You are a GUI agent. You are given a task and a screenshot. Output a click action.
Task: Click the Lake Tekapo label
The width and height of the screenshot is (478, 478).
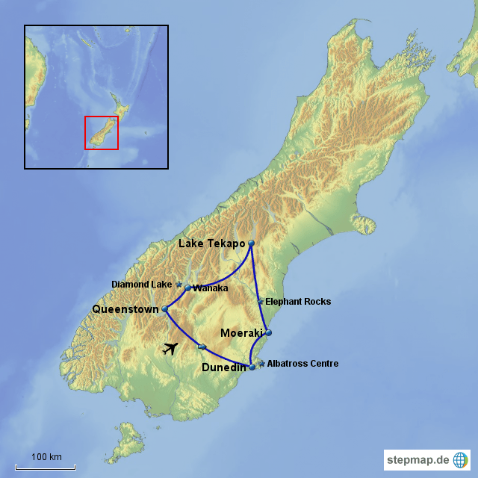(x=211, y=244)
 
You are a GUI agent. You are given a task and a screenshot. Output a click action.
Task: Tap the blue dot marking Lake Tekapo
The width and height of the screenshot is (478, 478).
(x=251, y=243)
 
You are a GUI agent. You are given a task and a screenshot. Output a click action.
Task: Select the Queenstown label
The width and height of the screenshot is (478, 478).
(x=125, y=308)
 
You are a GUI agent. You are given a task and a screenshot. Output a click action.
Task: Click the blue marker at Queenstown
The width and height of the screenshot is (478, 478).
(x=165, y=308)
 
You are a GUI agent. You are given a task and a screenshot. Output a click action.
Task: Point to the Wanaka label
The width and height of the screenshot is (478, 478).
(x=210, y=288)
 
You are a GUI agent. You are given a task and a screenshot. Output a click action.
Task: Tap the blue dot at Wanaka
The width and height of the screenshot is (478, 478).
(x=187, y=288)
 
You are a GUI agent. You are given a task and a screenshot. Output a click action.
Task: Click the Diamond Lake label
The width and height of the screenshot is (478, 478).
(x=141, y=285)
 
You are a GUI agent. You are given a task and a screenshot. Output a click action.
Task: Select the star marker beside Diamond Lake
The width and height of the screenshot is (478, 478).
(x=179, y=285)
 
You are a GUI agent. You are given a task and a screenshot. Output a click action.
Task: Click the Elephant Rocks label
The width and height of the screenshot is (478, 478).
(x=298, y=302)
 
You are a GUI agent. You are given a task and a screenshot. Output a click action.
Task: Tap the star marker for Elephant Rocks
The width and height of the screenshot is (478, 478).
(x=260, y=302)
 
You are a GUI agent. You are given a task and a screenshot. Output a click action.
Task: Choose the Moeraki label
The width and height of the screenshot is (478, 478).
(x=242, y=332)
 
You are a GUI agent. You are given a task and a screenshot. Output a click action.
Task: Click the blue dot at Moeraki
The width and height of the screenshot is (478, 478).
(x=269, y=333)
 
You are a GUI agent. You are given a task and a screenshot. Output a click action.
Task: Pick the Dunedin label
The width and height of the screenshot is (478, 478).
(x=225, y=367)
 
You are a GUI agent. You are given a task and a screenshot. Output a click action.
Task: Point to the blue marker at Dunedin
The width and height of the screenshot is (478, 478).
(x=252, y=367)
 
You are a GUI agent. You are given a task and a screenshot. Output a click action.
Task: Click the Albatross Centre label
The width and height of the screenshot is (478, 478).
(x=302, y=364)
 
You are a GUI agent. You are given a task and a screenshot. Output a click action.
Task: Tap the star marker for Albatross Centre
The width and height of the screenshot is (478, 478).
(x=261, y=363)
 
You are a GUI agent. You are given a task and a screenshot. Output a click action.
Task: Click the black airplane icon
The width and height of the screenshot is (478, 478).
(x=171, y=348)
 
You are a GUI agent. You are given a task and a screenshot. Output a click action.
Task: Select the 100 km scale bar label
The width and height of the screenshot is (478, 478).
(x=46, y=457)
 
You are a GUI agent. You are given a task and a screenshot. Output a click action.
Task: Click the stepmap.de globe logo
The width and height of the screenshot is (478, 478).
(x=461, y=459)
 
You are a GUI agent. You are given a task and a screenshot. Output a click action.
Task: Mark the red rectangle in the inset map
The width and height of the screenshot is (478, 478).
(x=102, y=133)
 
